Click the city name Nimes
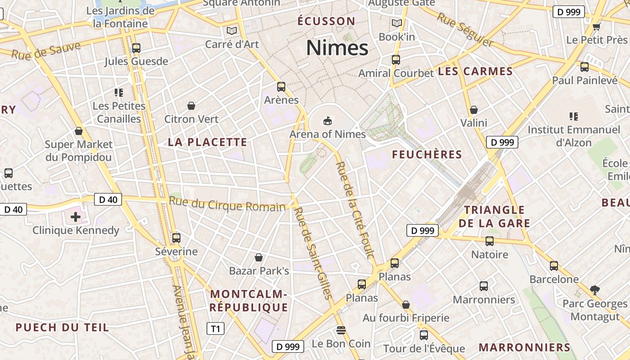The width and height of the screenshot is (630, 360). [337, 48]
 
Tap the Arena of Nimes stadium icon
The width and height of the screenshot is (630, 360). [327, 121]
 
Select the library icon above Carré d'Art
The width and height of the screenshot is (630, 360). [232, 31]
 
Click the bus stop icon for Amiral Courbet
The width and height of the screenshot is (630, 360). [396, 59]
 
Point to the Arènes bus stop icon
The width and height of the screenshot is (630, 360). [281, 86]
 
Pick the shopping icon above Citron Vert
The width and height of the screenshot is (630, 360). [191, 106]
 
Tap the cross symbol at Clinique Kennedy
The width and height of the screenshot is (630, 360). [76, 217]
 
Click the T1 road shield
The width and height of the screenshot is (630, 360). [215, 329]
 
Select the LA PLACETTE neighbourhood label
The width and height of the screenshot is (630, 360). [207, 142]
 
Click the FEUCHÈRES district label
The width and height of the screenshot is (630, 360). [427, 155]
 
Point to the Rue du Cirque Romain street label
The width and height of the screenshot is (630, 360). [227, 204]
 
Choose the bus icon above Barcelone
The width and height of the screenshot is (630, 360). [554, 265]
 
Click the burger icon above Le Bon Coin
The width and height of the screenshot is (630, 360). [341, 330]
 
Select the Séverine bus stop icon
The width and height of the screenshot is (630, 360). [176, 238]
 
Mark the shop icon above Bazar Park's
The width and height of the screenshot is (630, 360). [259, 257]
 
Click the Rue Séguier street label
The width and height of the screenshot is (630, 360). [466, 29]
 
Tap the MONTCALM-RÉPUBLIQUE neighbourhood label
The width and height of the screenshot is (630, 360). [248, 301]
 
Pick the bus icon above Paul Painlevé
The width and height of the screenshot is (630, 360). [585, 67]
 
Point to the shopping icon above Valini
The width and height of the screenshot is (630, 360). [473, 110]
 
